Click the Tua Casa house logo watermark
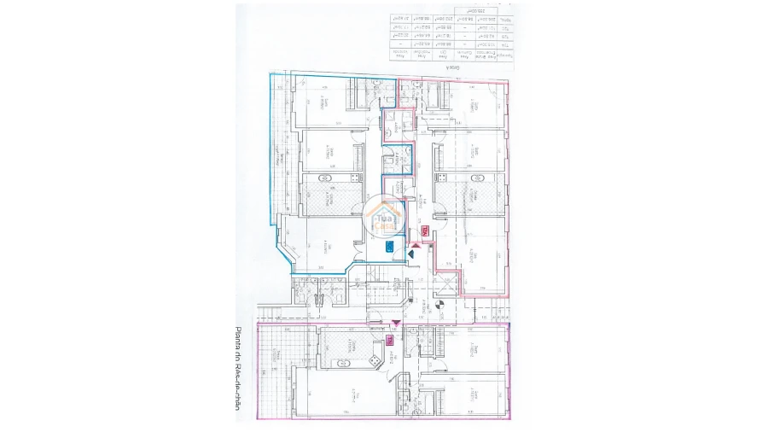(x=386, y=217)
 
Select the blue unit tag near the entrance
(x=389, y=248)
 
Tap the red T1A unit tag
(x=423, y=231)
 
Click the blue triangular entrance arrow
(x=412, y=252)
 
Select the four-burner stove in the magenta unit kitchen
(x=374, y=362)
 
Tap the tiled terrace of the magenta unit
(x=273, y=371)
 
